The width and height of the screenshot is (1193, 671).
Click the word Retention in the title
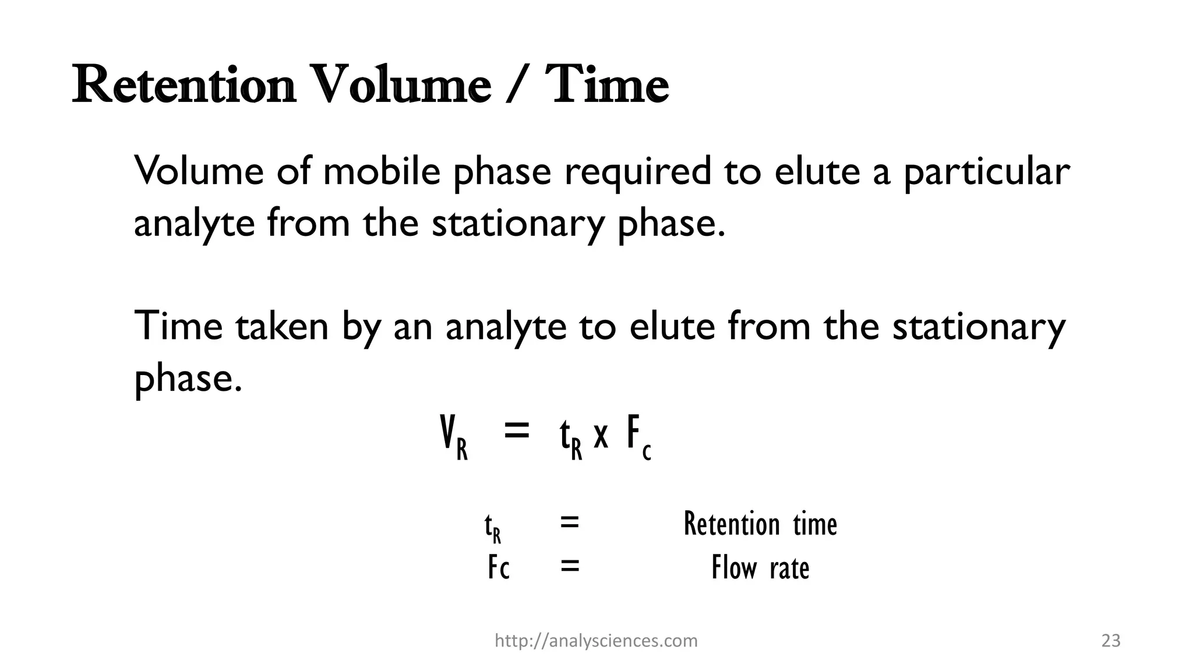pyautogui.click(x=183, y=86)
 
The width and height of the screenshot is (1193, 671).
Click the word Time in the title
pyautogui.click(x=606, y=86)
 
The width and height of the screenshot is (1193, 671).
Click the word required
pyautogui.click(x=637, y=172)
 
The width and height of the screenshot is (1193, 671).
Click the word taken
pyautogui.click(x=282, y=326)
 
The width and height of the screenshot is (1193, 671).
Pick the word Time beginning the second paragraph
pyautogui.click(x=178, y=326)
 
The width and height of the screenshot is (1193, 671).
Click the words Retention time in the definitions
pyautogui.click(x=760, y=524)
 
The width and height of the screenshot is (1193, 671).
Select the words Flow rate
pyautogui.click(x=760, y=567)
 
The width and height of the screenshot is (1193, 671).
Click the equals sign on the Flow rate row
pyautogui.click(x=570, y=566)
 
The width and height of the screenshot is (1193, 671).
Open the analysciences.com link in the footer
pyautogui.click(x=596, y=641)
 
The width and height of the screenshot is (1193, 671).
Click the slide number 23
pyautogui.click(x=1111, y=641)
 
